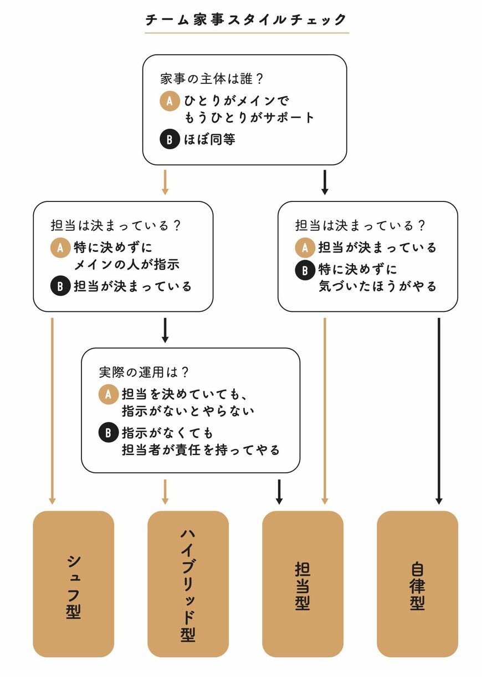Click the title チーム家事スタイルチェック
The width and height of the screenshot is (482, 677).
[247, 20]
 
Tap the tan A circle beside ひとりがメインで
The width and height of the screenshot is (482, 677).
[170, 100]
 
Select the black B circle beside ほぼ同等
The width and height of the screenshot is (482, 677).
[170, 139]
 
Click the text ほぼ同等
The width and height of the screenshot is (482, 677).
[210, 139]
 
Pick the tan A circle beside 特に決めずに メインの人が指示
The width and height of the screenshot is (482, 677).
[60, 247]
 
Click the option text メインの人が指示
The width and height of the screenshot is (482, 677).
[126, 265]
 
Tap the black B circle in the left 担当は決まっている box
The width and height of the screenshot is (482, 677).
[60, 286]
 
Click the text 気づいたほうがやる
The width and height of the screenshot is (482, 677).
[377, 286]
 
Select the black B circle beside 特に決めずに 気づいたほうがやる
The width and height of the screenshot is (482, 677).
[305, 270]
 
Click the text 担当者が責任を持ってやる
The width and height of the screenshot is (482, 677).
[201, 450]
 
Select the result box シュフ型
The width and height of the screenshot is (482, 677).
[73, 583]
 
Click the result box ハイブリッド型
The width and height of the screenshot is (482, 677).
[188, 583]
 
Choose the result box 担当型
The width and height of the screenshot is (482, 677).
[302, 583]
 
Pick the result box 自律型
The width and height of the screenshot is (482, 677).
[417, 583]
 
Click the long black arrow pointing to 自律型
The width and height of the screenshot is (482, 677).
[438, 411]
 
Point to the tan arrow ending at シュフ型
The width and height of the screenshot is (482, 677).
[52, 411]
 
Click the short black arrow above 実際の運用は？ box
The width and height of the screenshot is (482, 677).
[165, 330]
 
